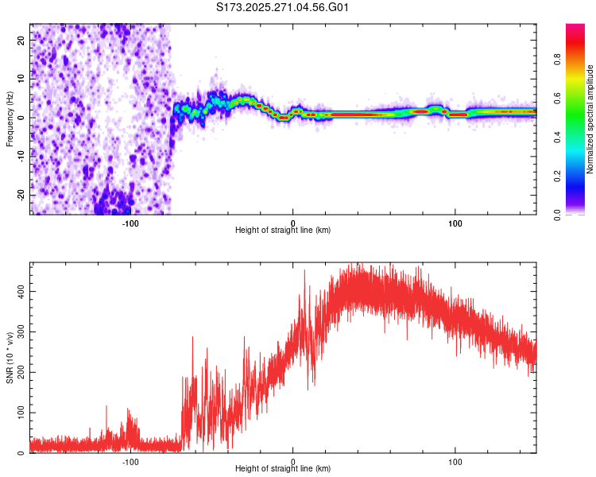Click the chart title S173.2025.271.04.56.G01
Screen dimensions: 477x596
pyautogui.click(x=283, y=8)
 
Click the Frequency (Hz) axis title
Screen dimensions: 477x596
pyautogui.click(x=10, y=118)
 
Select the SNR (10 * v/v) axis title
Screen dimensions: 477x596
pyautogui.click(x=10, y=358)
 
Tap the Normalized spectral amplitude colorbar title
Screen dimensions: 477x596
pyautogui.click(x=590, y=119)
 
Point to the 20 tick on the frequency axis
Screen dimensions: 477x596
pyautogui.click(x=21, y=39)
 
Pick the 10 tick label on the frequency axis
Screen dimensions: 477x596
pyautogui.click(x=21, y=78)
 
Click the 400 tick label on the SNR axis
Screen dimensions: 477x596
pyautogui.click(x=18, y=292)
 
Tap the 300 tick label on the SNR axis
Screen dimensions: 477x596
pyautogui.click(x=18, y=332)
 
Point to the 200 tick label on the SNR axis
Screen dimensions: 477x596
pyautogui.click(x=18, y=373)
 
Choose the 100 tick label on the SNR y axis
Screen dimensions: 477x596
pyautogui.click(x=18, y=413)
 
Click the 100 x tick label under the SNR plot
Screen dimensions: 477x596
pyautogui.click(x=455, y=461)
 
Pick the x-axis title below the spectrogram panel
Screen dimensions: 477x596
pyautogui.click(x=283, y=231)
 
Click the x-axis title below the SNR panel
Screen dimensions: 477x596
pyautogui.click(x=283, y=470)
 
